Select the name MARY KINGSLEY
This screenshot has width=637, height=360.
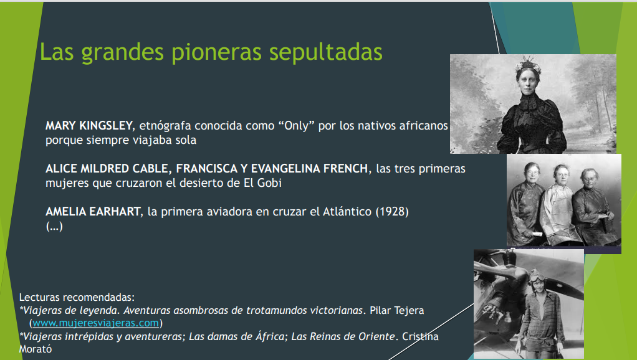[89, 126]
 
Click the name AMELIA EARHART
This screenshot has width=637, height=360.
[93, 212]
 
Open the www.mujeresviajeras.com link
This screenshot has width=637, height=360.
[95, 323]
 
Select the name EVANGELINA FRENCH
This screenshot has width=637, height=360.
[309, 168]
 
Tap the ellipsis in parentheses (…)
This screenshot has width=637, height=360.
[54, 226]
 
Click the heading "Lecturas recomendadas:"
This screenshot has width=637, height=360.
[77, 298]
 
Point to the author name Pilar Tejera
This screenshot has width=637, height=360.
[397, 311]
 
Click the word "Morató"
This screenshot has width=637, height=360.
[36, 349]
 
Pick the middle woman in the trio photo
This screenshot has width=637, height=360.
[560, 204]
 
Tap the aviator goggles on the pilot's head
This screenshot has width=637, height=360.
[538, 277]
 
